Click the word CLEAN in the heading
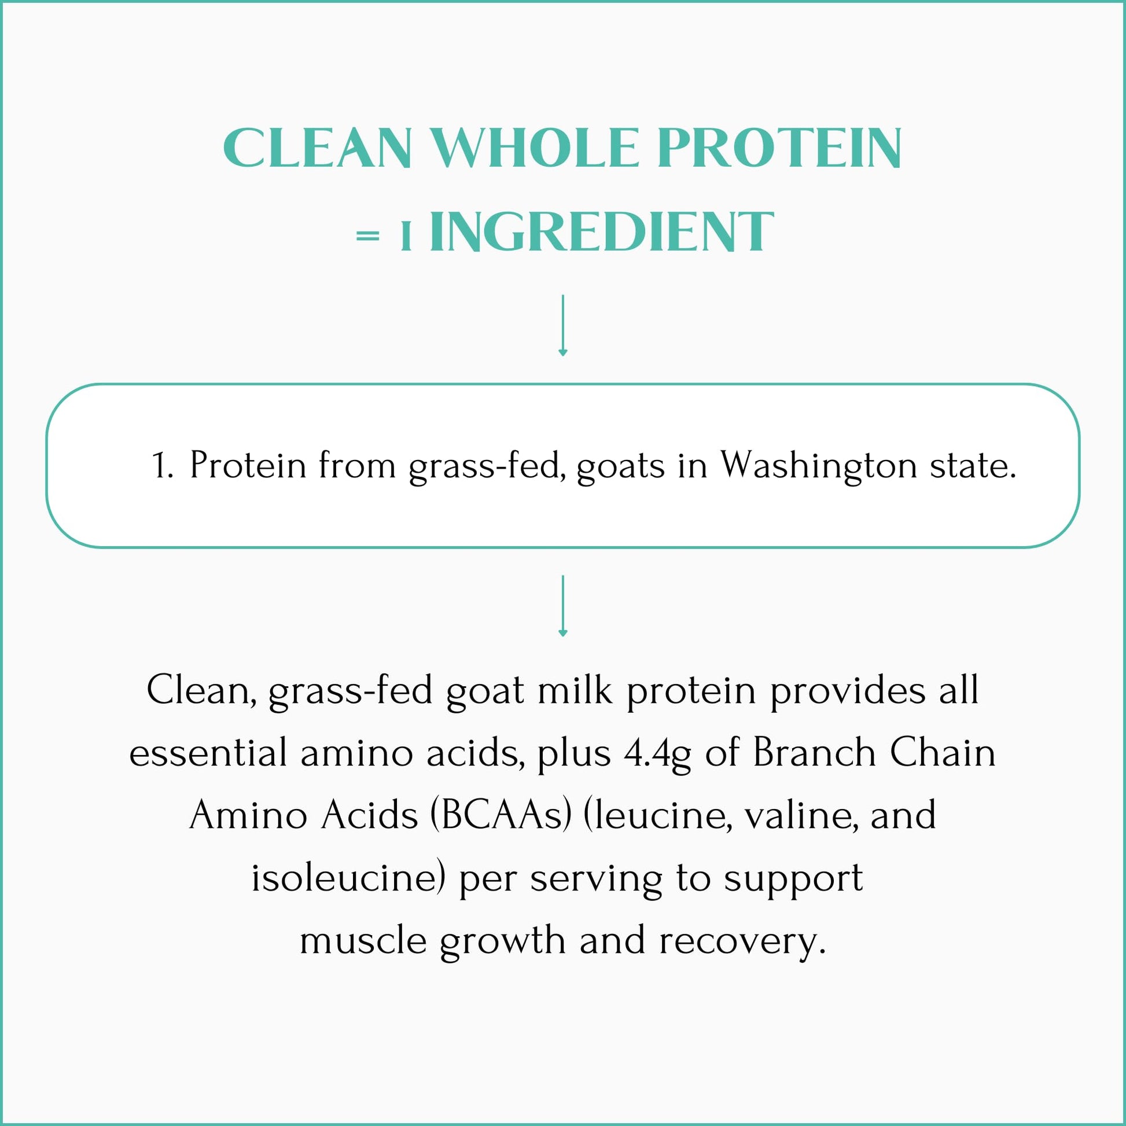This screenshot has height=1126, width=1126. point(318,149)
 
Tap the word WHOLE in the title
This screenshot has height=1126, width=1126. point(535,149)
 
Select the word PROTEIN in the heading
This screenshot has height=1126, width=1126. point(780,149)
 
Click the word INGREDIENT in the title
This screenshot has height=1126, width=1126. point(601,233)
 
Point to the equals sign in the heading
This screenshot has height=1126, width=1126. point(368,236)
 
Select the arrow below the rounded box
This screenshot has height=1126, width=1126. point(562,606)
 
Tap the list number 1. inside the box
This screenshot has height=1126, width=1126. point(162,466)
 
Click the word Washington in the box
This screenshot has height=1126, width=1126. point(819,466)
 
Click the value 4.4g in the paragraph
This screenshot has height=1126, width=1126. point(657,753)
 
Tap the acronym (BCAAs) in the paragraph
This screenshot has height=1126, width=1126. point(501,815)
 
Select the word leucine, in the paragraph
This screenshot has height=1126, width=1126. point(658,815)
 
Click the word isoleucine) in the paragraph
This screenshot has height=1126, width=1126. point(348,878)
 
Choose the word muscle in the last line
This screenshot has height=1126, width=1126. point(363,941)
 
